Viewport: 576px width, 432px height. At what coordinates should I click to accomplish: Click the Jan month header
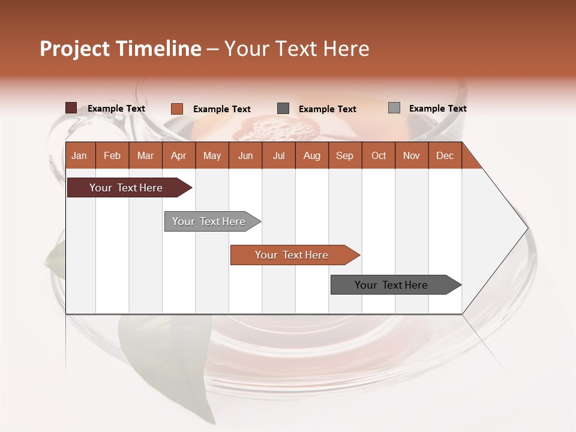[x=79, y=155]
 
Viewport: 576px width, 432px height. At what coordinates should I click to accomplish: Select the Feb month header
[x=112, y=155]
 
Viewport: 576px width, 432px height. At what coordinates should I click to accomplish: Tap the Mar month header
[x=145, y=155]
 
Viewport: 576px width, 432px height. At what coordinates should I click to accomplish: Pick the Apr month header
[x=178, y=155]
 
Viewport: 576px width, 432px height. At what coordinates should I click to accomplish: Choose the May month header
[x=212, y=155]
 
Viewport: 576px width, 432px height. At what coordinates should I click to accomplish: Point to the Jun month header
[x=245, y=155]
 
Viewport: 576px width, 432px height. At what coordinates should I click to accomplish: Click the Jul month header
[x=278, y=155]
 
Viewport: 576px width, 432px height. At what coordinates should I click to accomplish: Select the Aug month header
[x=311, y=155]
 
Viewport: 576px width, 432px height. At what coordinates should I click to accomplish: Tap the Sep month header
[x=344, y=155]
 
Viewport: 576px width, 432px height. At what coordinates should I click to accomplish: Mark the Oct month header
[x=379, y=155]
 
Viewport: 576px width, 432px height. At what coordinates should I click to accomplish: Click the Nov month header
[x=412, y=155]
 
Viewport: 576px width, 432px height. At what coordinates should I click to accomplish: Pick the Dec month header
[x=445, y=155]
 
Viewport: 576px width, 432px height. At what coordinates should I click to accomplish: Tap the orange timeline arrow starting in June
[x=292, y=255]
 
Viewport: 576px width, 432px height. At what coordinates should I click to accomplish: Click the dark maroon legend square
[x=71, y=108]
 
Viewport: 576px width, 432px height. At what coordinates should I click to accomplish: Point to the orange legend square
[x=177, y=109]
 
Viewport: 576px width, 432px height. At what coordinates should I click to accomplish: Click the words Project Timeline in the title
[x=121, y=49]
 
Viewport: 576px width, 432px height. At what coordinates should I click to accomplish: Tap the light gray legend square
[x=394, y=108]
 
